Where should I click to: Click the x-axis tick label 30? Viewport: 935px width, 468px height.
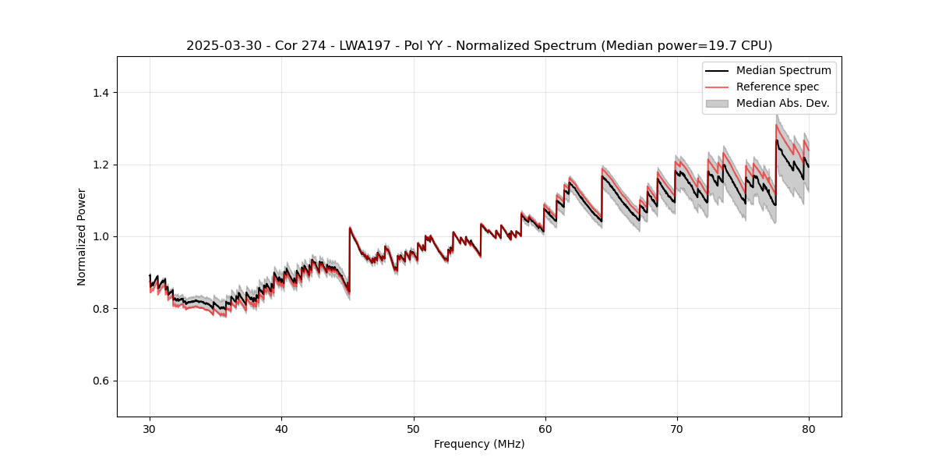tap(150, 429)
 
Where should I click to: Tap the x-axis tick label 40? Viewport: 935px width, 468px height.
tap(281, 429)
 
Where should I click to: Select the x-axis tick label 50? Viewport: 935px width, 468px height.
tap(413, 429)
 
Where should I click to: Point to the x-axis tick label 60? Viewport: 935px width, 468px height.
tap(545, 429)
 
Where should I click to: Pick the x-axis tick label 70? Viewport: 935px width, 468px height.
tap(676, 429)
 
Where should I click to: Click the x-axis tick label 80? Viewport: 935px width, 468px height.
tap(808, 429)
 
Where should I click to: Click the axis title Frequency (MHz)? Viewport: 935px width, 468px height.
tap(479, 444)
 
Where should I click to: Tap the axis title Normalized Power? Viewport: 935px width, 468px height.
tap(81, 236)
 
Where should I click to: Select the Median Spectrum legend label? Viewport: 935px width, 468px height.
tap(783, 70)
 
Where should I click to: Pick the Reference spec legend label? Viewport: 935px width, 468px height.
tap(778, 87)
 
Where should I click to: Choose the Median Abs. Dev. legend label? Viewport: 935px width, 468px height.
tap(782, 103)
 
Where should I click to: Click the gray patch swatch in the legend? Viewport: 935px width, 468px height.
tap(717, 103)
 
